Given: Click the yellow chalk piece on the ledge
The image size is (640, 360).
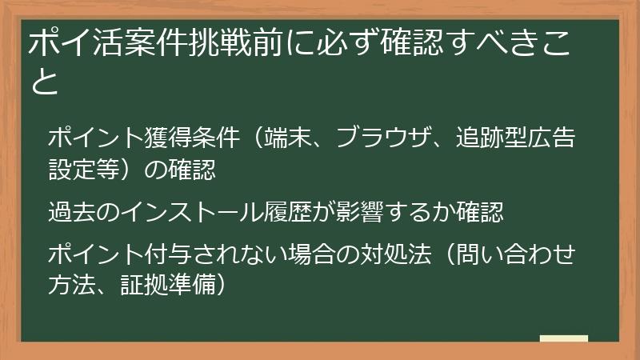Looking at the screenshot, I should [x=564, y=338].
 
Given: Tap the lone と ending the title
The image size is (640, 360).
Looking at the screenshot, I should [x=45, y=82].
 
